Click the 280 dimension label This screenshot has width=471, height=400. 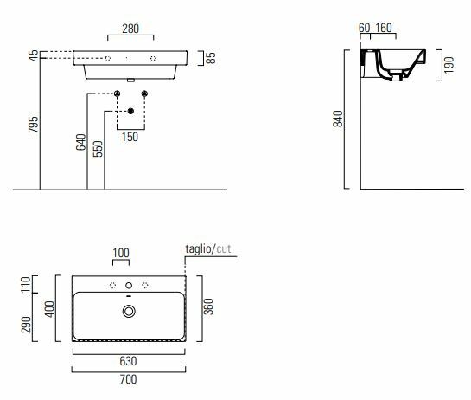[x=130, y=29]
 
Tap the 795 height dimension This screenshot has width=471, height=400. [x=34, y=124]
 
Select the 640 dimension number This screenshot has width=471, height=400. [x=80, y=142]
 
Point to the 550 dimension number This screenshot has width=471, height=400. [x=98, y=149]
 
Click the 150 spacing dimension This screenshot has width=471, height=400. [x=130, y=137]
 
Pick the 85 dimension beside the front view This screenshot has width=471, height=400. [x=211, y=58]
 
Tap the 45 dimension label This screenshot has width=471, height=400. [x=34, y=55]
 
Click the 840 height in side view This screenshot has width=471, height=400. [x=338, y=119]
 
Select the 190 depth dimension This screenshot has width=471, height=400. [x=449, y=65]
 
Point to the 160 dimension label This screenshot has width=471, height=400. [x=384, y=28]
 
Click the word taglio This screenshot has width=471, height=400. [x=199, y=248]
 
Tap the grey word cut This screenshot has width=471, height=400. [x=224, y=249]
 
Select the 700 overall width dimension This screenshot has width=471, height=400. [x=128, y=379]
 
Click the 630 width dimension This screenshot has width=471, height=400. [x=128, y=361]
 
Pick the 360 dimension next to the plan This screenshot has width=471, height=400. [x=208, y=306]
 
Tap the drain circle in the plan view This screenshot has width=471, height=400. [x=129, y=312]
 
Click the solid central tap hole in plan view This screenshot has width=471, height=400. [x=129, y=285]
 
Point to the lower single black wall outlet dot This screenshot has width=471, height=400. [x=130, y=111]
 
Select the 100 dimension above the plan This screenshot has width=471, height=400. [x=121, y=253]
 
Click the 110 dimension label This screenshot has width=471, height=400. [x=27, y=284]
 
